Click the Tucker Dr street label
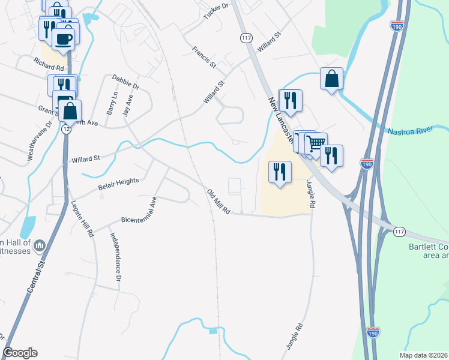(x=217, y=11)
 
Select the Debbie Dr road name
(x=125, y=82)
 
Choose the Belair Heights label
(x=118, y=184)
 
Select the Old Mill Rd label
(x=218, y=202)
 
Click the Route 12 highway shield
(x=65, y=130)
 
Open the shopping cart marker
(x=316, y=142)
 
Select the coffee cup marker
(x=64, y=39)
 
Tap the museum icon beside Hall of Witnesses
(x=40, y=245)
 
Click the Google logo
(x=20, y=353)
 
